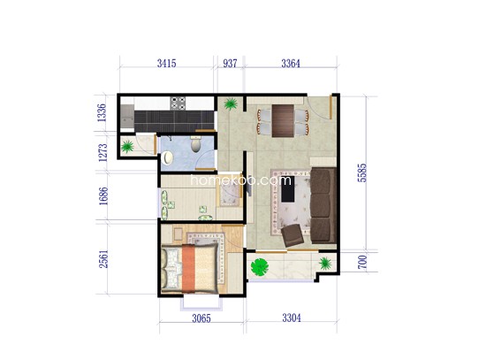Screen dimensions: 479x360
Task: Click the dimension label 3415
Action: [166, 64]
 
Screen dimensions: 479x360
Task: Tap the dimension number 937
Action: [230, 64]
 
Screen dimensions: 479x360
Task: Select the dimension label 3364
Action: [291, 64]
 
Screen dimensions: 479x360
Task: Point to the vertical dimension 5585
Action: [362, 172]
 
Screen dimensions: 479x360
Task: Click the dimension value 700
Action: [362, 262]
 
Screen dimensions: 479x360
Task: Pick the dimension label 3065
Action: [201, 318]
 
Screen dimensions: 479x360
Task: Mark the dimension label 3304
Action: [291, 318]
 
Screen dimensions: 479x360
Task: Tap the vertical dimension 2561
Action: [103, 259]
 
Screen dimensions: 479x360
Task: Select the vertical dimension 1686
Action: [103, 195]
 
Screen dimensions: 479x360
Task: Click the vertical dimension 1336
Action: [102, 112]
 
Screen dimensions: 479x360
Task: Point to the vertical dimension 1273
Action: [103, 153]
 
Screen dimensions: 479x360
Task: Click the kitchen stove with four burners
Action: [178, 103]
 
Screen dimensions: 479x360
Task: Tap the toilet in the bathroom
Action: [195, 144]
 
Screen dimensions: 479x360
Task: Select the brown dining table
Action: [283, 121]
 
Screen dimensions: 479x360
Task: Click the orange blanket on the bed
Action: [188, 268]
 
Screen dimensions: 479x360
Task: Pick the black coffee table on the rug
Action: [288, 188]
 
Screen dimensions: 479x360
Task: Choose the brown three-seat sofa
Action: [323, 205]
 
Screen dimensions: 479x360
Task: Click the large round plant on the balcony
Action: [260, 267]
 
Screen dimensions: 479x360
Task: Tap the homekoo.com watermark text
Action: [240, 180]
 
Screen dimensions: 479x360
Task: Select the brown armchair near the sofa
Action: [293, 235]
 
